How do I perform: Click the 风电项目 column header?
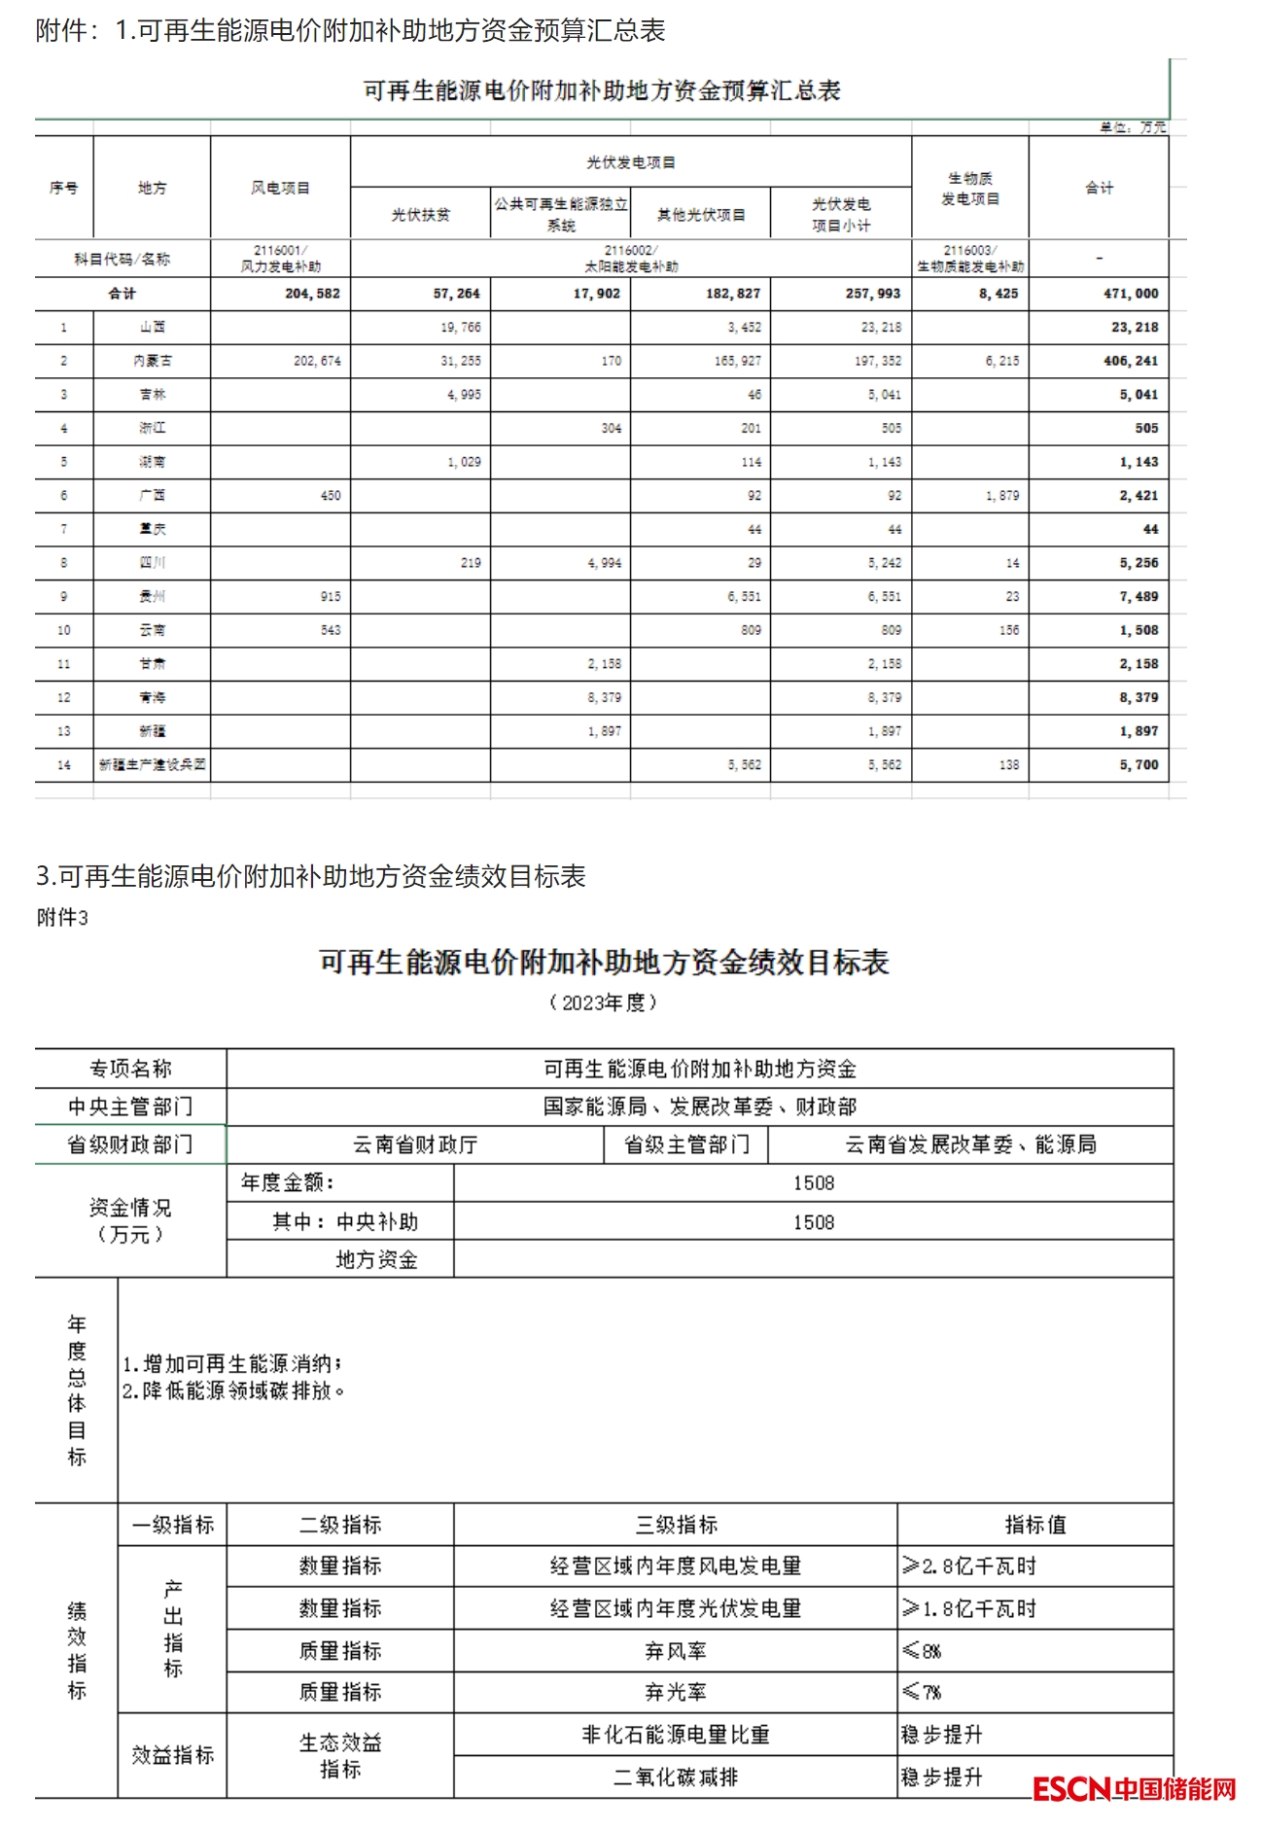pyautogui.click(x=280, y=188)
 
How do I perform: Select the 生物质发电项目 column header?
pyautogui.click(x=969, y=189)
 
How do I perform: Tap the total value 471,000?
pyautogui.click(x=1131, y=294)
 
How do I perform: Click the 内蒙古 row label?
pyautogui.click(x=152, y=361)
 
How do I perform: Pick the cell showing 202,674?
pyautogui.click(x=317, y=361)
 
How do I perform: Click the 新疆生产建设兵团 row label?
pyautogui.click(x=152, y=765)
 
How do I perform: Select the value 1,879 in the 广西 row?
pyautogui.click(x=1002, y=496)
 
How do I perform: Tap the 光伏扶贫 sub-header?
pyautogui.click(x=420, y=215)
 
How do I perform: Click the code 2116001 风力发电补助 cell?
pyautogui.click(x=280, y=259)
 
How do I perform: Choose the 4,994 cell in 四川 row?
pyautogui.click(x=604, y=563)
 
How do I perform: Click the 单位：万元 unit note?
pyautogui.click(x=1133, y=127)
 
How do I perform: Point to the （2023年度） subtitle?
pyautogui.click(x=603, y=1002)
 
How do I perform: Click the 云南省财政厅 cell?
pyautogui.click(x=415, y=1145)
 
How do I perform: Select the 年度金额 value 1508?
pyautogui.click(x=813, y=1183)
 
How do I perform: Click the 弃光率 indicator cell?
pyautogui.click(x=675, y=1693)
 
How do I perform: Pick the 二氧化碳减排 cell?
pyautogui.click(x=675, y=1777)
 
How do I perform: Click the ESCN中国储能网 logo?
pyautogui.click(x=1134, y=1788)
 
